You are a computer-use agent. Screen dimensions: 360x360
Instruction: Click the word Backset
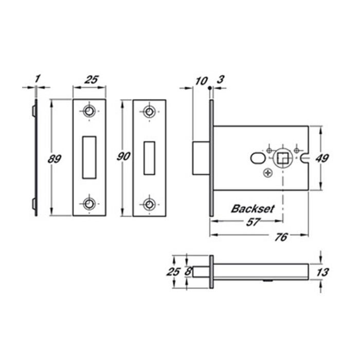point(253,209)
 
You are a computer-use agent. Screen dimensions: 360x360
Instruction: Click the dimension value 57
point(253,222)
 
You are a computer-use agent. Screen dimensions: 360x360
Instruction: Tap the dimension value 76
point(281,237)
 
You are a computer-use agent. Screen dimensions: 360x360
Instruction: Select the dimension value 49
point(322,158)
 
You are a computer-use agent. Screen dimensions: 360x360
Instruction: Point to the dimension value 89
point(55,159)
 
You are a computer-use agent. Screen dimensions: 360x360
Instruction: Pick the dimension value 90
point(123,156)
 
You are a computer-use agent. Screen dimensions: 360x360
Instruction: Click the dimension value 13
point(322,273)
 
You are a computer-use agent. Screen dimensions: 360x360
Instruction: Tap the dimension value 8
point(188,272)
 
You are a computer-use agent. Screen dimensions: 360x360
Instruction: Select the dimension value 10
point(202,81)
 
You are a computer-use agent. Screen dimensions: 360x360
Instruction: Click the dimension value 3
point(220,80)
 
